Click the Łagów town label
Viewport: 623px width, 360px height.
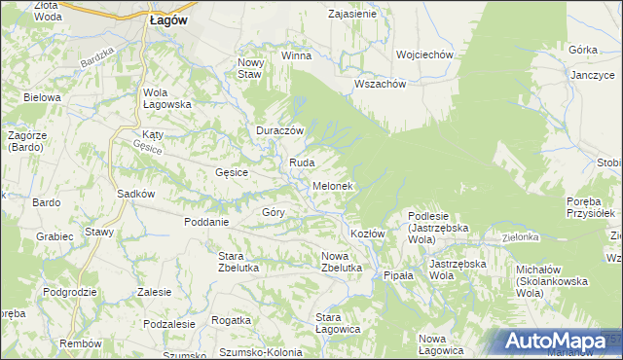click(x=169, y=18)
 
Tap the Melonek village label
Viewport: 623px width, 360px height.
click(x=332, y=186)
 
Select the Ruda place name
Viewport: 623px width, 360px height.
click(x=299, y=162)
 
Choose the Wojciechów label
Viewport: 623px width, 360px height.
click(x=426, y=55)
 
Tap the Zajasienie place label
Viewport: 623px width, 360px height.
click(x=352, y=15)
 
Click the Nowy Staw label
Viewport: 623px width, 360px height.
click(x=251, y=68)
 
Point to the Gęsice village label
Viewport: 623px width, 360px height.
click(x=232, y=172)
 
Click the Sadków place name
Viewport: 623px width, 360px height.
click(x=136, y=194)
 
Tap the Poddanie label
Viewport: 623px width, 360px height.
click(x=205, y=221)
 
